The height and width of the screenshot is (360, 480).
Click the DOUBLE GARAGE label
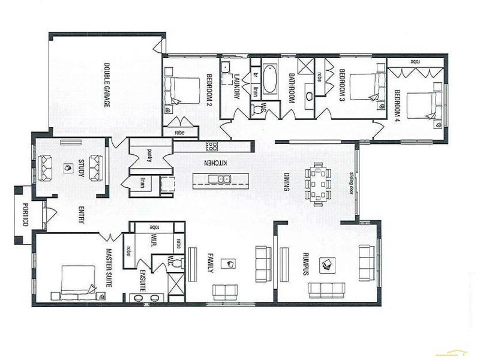pyautogui.click(x=107, y=85)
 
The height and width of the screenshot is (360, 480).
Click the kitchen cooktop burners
pyautogui.click(x=212, y=146)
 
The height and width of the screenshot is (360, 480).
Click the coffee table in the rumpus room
pyautogui.click(x=327, y=264)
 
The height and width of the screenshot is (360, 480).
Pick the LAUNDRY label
pyautogui.click(x=237, y=85)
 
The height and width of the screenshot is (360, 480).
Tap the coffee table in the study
pyautogui.click(x=65, y=169)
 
